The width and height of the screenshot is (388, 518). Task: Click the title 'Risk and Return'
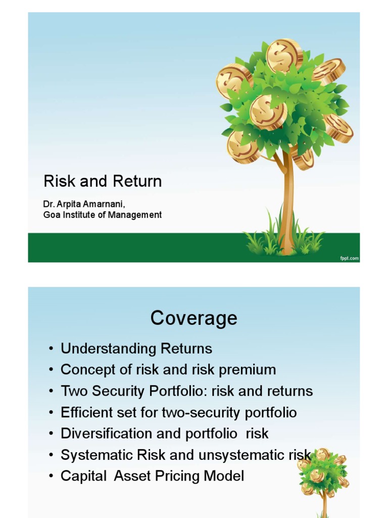103,181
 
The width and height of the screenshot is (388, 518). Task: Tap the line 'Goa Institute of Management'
103,214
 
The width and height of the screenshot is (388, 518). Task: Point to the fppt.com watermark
349,258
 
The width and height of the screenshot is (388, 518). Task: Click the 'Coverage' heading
193,318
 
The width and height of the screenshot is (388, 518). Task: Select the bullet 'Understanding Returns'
136,349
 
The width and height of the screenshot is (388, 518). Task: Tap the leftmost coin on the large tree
234,81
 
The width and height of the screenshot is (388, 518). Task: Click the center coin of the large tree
268,112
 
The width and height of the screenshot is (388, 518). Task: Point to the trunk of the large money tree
287,202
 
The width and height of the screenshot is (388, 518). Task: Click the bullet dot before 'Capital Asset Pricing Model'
52,476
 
